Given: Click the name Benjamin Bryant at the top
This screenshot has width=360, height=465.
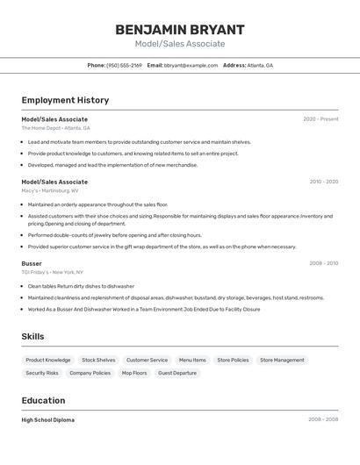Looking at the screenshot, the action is pos(180,29).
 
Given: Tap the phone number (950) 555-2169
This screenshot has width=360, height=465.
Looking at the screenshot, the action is pos(125,65).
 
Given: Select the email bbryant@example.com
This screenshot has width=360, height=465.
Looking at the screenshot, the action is pos(191,65).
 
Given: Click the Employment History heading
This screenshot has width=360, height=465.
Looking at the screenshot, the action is pos(65,100).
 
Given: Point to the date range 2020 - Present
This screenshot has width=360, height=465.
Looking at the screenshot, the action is pos(320,118).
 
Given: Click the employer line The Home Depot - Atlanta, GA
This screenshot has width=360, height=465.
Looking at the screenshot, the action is pos(55,128).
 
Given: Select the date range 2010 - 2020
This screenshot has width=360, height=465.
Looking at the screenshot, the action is pos(323,182).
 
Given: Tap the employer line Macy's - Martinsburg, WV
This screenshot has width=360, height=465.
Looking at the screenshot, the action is pos(50,190).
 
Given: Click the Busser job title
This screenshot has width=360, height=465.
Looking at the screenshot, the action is pos(32,263).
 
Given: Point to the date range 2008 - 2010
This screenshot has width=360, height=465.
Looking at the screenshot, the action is pos(323,263).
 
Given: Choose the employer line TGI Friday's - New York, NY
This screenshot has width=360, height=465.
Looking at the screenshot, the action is pos(52,272).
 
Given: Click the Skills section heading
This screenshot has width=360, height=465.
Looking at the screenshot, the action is pos(32,337).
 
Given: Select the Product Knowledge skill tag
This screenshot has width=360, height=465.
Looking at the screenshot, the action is pos(48,360).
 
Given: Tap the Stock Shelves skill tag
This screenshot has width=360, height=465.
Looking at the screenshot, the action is pos(98,360).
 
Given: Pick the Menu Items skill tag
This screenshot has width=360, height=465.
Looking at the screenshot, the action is pos(192,360).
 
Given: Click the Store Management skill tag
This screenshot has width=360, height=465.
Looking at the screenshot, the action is pos(282,360).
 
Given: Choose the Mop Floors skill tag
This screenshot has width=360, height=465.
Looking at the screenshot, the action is pos(134,373).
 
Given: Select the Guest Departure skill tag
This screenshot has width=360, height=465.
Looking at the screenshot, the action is pos(177,373).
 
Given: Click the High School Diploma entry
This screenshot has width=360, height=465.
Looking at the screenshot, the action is pos(48,419).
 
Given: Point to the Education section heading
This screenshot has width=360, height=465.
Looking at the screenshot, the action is pos(44,401).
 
